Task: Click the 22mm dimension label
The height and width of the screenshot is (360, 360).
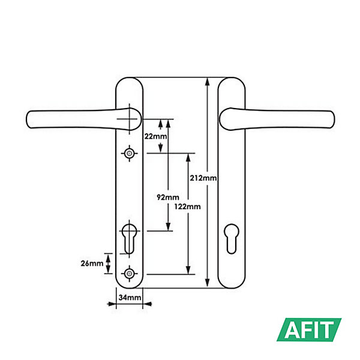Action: coord(155,136)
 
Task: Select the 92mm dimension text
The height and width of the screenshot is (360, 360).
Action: coord(168,197)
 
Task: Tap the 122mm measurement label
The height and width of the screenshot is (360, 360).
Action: coord(187,206)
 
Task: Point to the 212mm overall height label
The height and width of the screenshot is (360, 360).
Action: coord(203,178)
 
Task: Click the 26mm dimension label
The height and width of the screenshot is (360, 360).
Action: coord(92,263)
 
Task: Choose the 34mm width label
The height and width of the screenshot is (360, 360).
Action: coord(130,298)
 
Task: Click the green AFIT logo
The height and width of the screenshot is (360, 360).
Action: coord(309,329)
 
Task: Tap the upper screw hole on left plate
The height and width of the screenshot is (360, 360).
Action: coord(129,153)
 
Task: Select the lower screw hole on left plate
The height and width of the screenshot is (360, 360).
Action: coord(129,274)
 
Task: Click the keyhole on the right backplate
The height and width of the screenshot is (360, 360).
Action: coord(232,239)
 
